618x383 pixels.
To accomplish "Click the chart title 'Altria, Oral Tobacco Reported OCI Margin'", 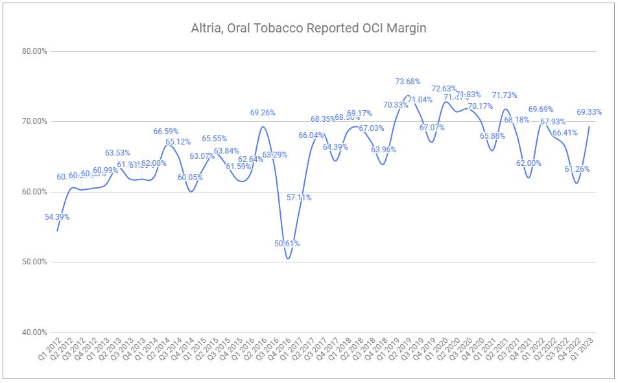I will (x=308, y=28).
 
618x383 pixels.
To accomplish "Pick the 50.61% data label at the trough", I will (x=286, y=244).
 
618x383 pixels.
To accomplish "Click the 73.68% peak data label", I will (x=407, y=82).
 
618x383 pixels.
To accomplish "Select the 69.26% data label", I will (x=262, y=113).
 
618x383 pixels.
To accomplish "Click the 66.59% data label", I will (x=165, y=132).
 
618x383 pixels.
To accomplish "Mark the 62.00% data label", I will (x=529, y=163).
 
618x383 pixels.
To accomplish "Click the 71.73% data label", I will (x=504, y=95).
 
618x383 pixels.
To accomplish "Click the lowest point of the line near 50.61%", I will (x=288, y=259).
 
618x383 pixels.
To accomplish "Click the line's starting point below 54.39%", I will (x=57, y=231).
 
